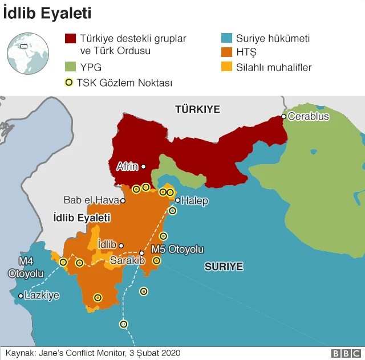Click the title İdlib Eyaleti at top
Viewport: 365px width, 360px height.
[x=47, y=13]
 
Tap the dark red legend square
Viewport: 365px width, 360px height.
[x=70, y=39]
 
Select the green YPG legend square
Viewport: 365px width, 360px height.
[x=70, y=67]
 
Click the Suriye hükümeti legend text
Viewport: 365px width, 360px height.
[x=273, y=39]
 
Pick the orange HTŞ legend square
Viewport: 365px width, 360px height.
[x=226, y=53]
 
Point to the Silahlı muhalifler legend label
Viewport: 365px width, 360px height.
[x=274, y=67]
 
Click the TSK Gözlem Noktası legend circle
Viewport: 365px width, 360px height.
[x=69, y=83]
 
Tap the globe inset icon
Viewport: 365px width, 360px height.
[x=27, y=53]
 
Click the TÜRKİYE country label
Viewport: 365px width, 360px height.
[x=197, y=109]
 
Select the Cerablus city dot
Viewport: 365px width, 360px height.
[x=283, y=117]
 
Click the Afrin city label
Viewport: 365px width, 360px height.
[x=127, y=166]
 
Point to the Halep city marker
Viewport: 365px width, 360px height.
[x=178, y=201]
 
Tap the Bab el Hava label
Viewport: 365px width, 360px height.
[x=91, y=201]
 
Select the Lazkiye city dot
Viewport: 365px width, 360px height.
[x=21, y=296]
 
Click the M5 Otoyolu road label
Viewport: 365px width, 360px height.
[x=177, y=249]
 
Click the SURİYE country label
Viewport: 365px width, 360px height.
[x=224, y=266]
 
